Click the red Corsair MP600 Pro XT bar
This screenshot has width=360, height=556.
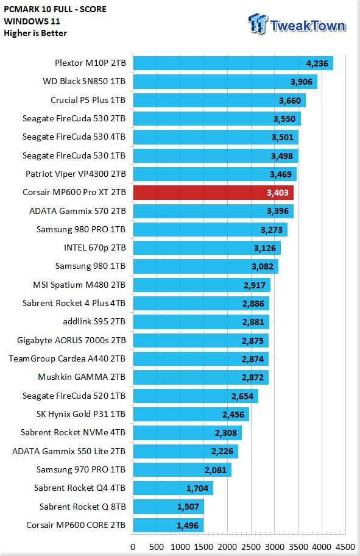tap(213, 193)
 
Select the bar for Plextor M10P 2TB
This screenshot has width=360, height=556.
tap(233, 63)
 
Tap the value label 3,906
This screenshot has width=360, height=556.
tap(302, 82)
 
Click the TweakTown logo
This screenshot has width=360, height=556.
tap(297, 24)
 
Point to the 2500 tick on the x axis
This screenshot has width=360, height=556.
tap(251, 546)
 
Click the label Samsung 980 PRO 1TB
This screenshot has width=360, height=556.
tap(81, 229)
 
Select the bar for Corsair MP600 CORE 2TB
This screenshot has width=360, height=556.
tap(168, 525)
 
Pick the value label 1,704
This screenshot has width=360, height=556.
tap(197, 488)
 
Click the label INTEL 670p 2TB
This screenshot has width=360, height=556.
tap(94, 248)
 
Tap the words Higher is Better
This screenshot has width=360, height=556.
tap(35, 33)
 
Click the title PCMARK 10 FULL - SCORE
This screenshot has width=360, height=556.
tap(55, 9)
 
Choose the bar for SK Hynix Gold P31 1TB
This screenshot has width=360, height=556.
tap(191, 414)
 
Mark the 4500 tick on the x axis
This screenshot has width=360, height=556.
tap(345, 546)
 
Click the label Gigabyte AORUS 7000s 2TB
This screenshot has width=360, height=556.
tap(72, 340)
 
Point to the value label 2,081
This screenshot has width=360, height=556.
tap(216, 470)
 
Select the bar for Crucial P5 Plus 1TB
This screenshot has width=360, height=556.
tap(219, 101)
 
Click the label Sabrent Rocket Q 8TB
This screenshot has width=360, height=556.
tap(83, 507)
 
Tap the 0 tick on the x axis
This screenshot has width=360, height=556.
tap(133, 546)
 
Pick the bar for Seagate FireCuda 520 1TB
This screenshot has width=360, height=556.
tap(196, 396)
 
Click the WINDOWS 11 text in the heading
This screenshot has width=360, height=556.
tap(32, 21)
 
